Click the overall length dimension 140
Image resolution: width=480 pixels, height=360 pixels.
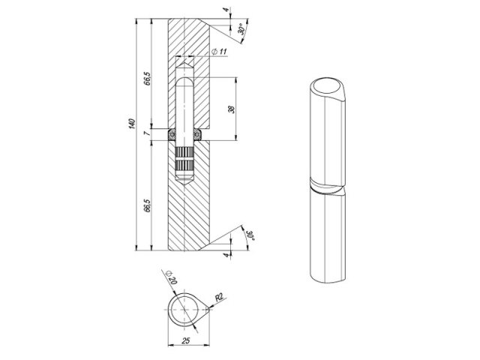[132, 123]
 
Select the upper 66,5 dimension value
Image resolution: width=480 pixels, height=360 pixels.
[148, 78]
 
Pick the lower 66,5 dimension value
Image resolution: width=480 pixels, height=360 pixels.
[148, 205]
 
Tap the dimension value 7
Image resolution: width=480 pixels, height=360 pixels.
[147, 133]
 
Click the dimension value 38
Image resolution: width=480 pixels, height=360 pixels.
[232, 109]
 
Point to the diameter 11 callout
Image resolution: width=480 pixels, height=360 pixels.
[219, 52]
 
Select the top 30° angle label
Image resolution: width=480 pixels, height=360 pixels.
[241, 29]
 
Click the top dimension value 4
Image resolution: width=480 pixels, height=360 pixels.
[226, 10]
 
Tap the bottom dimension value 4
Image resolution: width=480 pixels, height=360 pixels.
[226, 255]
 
